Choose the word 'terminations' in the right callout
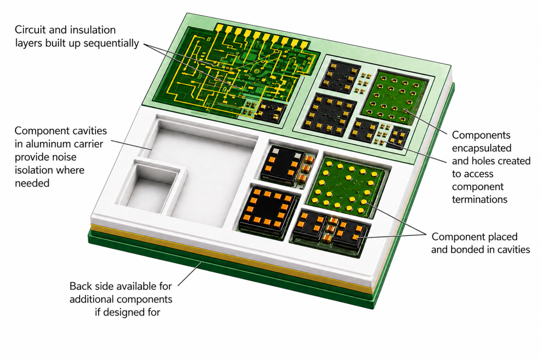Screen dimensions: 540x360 coord(479,199)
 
